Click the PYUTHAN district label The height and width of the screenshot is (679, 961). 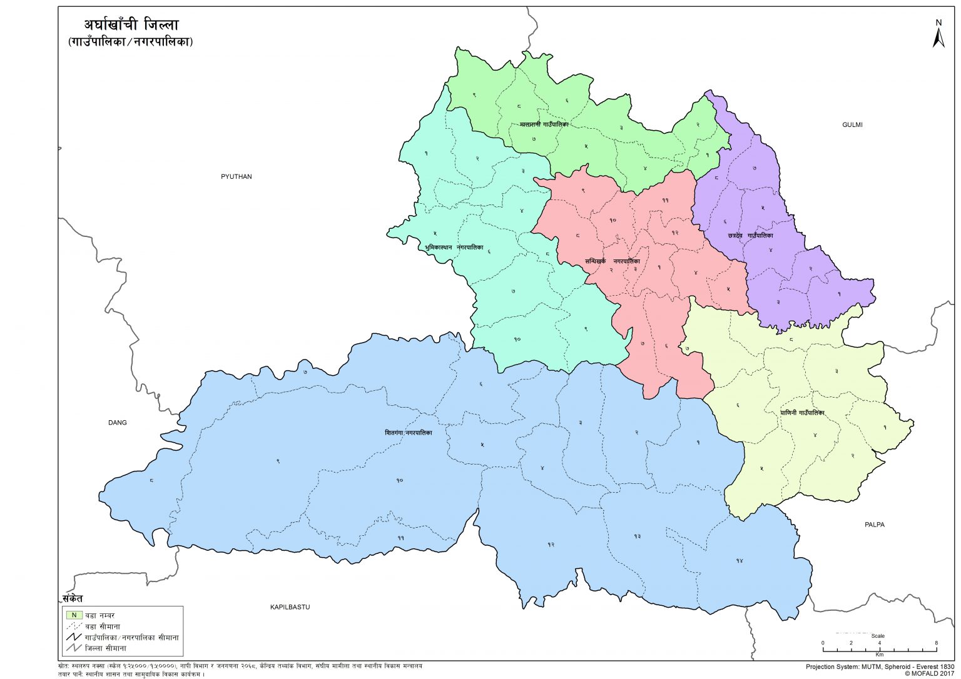tap(236, 176)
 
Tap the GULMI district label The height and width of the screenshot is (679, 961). tap(852, 124)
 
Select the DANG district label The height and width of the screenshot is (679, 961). tap(117, 423)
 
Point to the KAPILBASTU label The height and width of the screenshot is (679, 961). tap(290, 607)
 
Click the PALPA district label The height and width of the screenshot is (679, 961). tap(874, 525)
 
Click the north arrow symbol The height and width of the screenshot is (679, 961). tap(938, 35)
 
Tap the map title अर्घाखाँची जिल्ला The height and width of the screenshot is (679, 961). tap(131, 25)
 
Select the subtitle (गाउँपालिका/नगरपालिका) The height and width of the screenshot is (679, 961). tap(131, 42)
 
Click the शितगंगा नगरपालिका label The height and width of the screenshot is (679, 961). tap(408, 433)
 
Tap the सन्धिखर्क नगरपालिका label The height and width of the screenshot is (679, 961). tap(612, 261)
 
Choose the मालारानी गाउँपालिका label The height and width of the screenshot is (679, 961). tap(544, 124)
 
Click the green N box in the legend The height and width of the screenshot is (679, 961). tap(74, 615)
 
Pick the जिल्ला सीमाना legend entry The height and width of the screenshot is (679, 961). tap(105, 648)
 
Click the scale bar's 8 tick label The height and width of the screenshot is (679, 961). tap(936, 643)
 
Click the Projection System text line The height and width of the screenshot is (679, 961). tap(880, 666)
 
